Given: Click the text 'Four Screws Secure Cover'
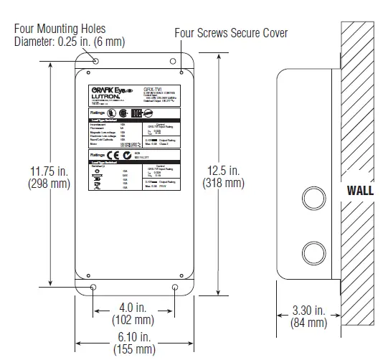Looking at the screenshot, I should [231, 33].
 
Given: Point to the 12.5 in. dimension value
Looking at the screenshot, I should [224, 171].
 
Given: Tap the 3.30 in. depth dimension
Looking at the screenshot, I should [308, 311].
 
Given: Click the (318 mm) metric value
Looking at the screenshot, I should [224, 183].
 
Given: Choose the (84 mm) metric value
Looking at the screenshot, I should [308, 323].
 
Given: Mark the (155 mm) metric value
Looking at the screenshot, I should [134, 349].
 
